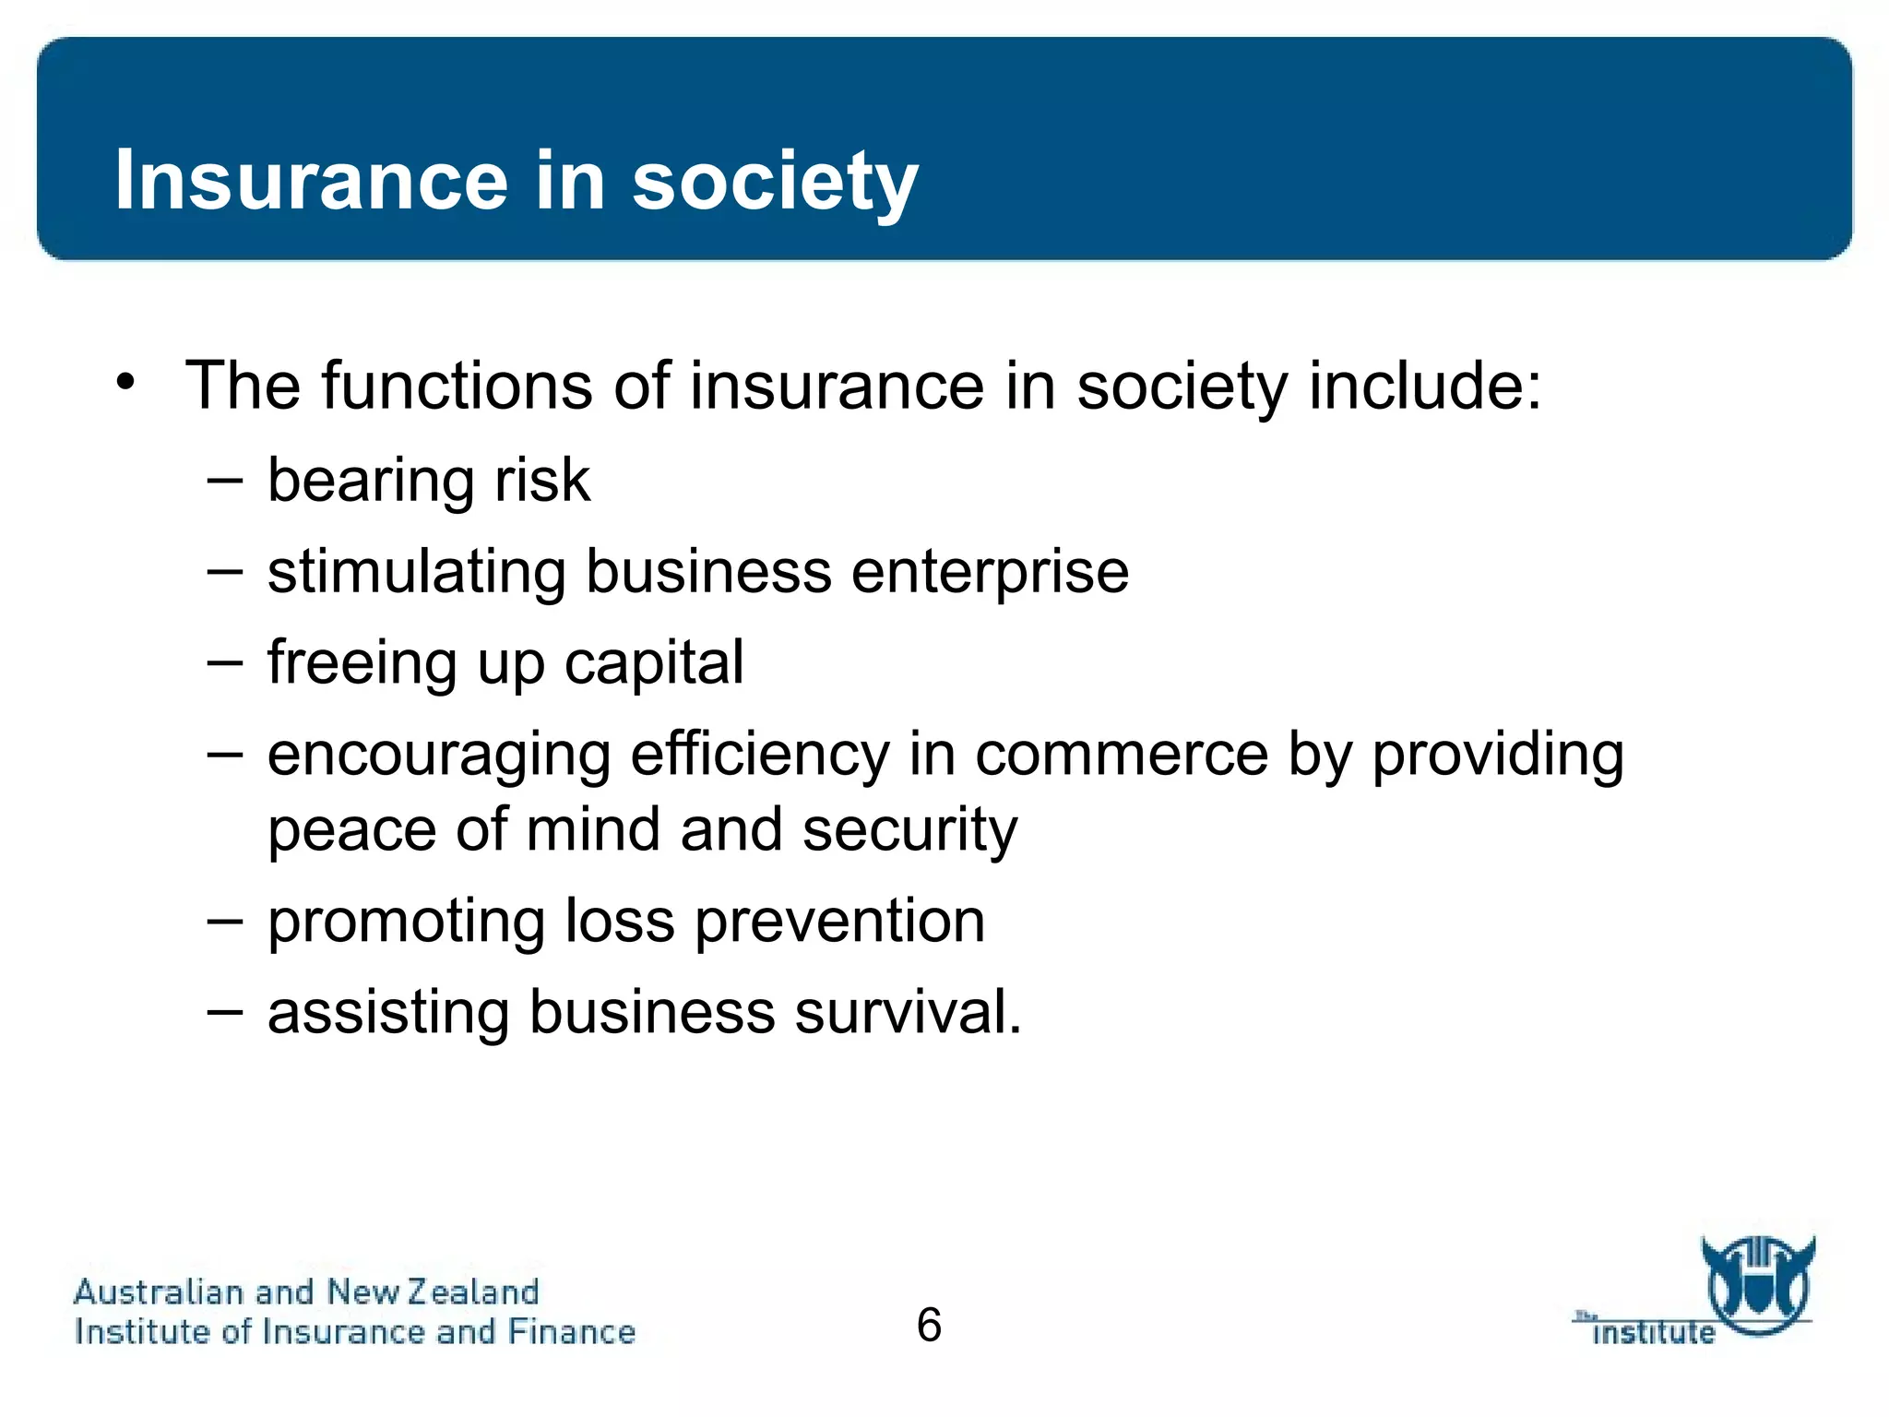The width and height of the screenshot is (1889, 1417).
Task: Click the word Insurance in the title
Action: (311, 180)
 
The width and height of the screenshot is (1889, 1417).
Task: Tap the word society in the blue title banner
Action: (775, 182)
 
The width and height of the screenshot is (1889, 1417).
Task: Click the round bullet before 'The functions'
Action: (126, 382)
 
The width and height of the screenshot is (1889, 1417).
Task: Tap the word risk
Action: (542, 480)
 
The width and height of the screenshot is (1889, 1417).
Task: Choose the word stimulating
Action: (417, 572)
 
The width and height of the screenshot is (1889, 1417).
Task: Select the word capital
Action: (653, 662)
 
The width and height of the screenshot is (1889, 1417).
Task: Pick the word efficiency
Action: (759, 756)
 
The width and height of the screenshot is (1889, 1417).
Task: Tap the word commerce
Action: (1122, 756)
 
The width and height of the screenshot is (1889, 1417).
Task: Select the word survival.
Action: (908, 1012)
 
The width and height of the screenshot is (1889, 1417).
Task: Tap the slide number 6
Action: (929, 1325)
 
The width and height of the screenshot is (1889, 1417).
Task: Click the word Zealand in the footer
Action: (473, 1292)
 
